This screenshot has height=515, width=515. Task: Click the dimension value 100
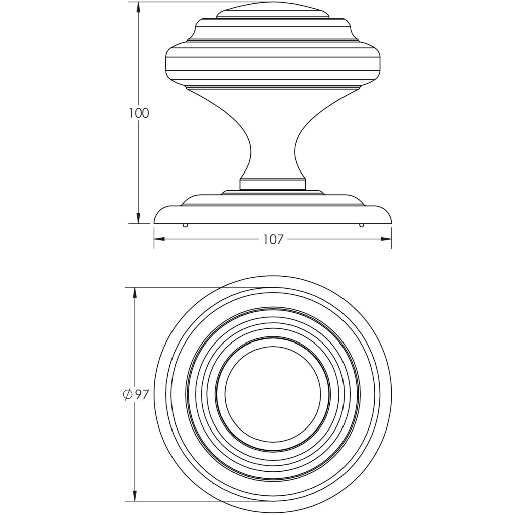(x=139, y=113)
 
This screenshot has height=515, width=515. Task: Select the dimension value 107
(x=273, y=240)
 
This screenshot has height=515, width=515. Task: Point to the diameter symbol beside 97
(x=127, y=395)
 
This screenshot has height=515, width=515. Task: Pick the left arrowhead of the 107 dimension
(x=159, y=239)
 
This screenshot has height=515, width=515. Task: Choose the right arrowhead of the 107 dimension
(x=386, y=239)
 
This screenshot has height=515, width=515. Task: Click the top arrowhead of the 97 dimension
(x=135, y=293)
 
